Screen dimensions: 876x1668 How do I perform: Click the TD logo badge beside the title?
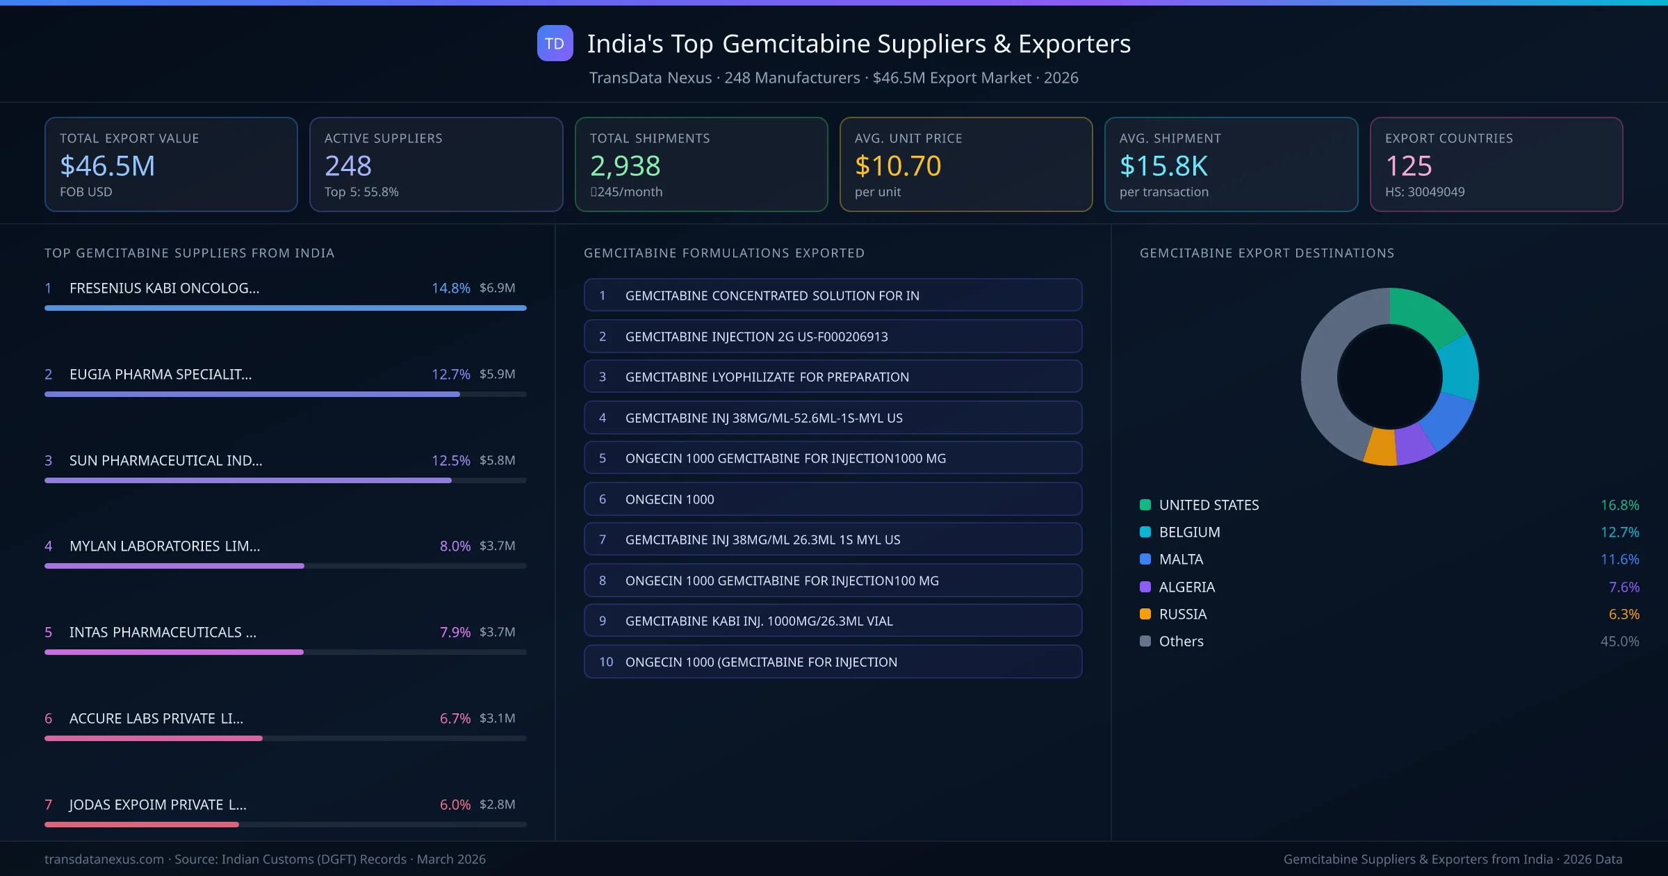click(x=555, y=44)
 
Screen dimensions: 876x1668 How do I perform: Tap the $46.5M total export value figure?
click(x=108, y=165)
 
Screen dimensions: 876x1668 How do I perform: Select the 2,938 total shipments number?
click(x=625, y=165)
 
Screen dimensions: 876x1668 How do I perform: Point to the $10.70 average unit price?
click(x=898, y=165)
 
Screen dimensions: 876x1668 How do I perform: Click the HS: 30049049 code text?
click(x=1424, y=192)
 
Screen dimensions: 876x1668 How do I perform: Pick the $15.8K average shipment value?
click(x=1163, y=165)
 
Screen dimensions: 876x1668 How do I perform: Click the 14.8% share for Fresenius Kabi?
click(x=450, y=288)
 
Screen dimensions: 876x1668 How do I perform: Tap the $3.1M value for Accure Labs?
click(x=497, y=718)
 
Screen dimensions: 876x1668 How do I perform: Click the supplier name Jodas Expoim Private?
click(x=158, y=804)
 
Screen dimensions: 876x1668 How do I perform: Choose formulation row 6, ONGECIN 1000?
click(x=833, y=499)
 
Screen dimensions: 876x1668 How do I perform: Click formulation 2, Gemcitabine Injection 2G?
click(x=833, y=336)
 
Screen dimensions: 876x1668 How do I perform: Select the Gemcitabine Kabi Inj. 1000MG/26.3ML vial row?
click(x=833, y=621)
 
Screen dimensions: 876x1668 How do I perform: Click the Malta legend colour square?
click(x=1145, y=560)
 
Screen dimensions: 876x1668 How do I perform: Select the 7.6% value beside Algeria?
click(x=1624, y=587)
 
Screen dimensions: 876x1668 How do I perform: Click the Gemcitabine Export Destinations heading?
click(x=1266, y=253)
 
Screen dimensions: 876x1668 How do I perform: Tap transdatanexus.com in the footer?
click(x=104, y=859)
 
